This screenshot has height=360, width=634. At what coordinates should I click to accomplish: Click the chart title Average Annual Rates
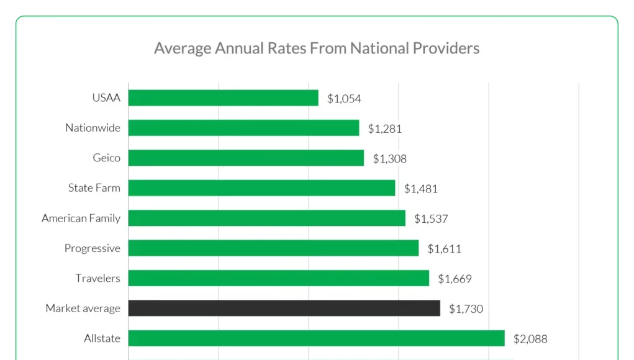317,48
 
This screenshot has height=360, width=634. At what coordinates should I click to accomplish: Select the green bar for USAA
224,98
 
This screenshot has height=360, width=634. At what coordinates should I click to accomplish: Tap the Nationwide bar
244,128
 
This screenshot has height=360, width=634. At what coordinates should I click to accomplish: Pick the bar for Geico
247,158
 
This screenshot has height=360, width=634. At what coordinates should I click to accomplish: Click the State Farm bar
262,188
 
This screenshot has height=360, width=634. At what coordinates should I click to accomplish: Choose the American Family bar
267,218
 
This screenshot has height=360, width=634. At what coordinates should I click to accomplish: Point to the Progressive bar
274,248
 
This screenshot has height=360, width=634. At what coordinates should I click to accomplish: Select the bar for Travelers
279,278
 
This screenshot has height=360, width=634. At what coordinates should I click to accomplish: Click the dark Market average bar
284,308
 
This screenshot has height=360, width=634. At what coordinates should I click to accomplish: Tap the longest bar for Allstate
317,338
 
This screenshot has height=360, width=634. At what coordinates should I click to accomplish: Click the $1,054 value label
344,99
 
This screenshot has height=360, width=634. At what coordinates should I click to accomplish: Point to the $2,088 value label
530,339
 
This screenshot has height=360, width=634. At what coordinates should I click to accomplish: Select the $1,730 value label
466,308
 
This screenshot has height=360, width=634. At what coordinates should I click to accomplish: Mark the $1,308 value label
390,159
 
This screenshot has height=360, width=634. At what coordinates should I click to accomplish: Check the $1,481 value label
421,189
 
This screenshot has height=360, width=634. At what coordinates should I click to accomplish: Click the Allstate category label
102,338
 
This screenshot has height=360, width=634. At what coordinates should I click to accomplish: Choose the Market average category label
83,308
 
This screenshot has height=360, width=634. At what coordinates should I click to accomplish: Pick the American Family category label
81,218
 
